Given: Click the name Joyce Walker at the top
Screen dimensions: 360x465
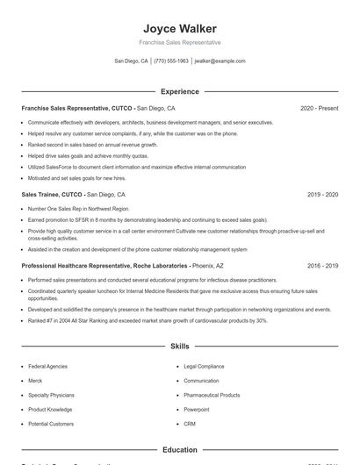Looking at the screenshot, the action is (x=180, y=28).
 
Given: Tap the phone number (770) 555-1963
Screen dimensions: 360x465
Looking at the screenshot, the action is (x=171, y=61).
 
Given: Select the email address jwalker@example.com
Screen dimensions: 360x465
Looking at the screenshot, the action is (x=220, y=61).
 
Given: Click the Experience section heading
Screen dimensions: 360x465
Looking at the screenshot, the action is (x=180, y=91).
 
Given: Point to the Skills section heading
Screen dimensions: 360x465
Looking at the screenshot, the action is (x=180, y=347).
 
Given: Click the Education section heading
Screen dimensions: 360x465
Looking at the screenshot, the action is (x=180, y=450).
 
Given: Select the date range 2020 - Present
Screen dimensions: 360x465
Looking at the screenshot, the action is (x=319, y=108).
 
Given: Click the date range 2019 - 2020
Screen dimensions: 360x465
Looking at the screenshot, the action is (x=322, y=194).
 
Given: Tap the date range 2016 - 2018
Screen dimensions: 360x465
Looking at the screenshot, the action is (x=322, y=265).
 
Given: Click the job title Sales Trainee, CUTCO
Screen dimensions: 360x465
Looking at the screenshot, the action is (x=52, y=194).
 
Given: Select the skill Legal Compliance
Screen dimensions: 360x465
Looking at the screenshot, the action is (x=204, y=366).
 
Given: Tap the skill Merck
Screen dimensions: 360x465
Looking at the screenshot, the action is (x=36, y=381).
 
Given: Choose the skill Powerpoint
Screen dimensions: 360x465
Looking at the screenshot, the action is (x=197, y=409).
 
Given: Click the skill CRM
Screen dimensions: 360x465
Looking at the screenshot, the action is (x=190, y=424).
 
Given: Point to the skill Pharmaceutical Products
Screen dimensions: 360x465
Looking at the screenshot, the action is (x=212, y=395).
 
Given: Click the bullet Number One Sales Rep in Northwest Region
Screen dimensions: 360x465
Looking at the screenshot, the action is (x=78, y=209).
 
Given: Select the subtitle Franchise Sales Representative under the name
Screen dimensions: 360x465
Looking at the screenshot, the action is (x=180, y=42).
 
